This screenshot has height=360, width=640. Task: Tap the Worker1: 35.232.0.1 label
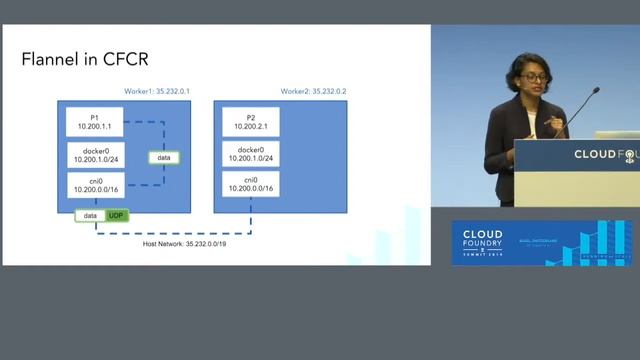157,91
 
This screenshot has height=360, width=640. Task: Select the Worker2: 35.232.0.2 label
319,91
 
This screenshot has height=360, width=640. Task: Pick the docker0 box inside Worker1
94,155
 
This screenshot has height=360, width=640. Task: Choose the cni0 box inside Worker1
94,184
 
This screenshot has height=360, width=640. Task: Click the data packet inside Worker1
164,157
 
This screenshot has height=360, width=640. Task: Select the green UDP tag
117,215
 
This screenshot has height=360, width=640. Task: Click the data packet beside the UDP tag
91,215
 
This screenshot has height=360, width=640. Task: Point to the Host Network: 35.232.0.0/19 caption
187,243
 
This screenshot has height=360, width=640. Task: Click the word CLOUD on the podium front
594,154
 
